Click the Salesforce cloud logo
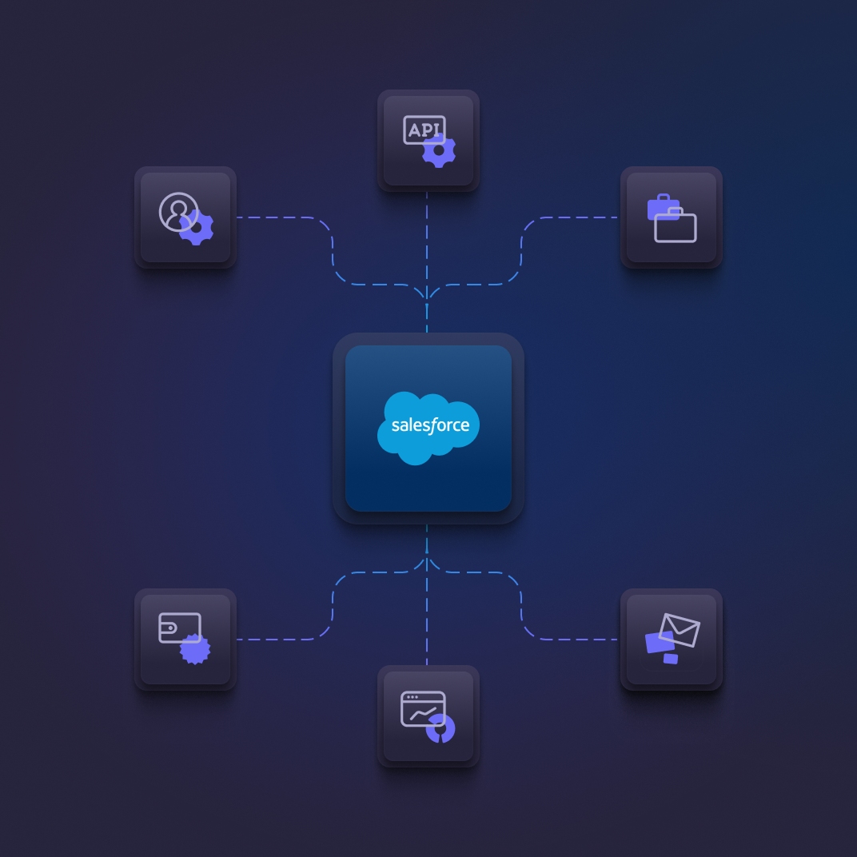coord(428,427)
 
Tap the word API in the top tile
coord(424,130)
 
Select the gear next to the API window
coord(439,150)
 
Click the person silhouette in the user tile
coord(178,212)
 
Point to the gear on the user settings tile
coord(197,228)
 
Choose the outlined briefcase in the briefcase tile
coord(676,227)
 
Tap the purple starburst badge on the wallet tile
coord(195,648)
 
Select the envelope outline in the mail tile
coord(680,630)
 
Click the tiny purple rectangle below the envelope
coord(671,659)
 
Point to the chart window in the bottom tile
coord(422,708)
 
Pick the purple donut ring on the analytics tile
coord(440,728)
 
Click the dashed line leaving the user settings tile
coord(280,217)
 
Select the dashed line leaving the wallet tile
coord(280,639)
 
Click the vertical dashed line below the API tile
coord(427,240)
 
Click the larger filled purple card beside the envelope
coord(659,642)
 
